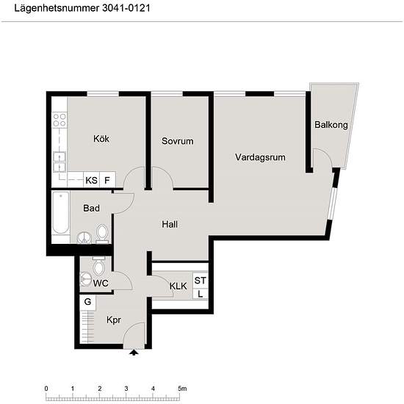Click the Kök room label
tap(101, 139)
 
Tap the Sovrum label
tap(177, 141)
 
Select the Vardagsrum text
tap(260, 157)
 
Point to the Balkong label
tap(331, 125)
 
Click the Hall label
tap(170, 225)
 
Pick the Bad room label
tap(91, 209)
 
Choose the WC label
tap(101, 283)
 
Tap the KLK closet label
tap(178, 286)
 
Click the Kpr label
tap(113, 320)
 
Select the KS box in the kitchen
tap(91, 180)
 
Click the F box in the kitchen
tap(107, 180)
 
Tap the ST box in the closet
tap(201, 281)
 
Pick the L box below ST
tap(201, 294)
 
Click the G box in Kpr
tap(87, 302)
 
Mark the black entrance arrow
tap(134, 353)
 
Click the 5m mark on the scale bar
tap(181, 388)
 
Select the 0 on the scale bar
tap(46, 388)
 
